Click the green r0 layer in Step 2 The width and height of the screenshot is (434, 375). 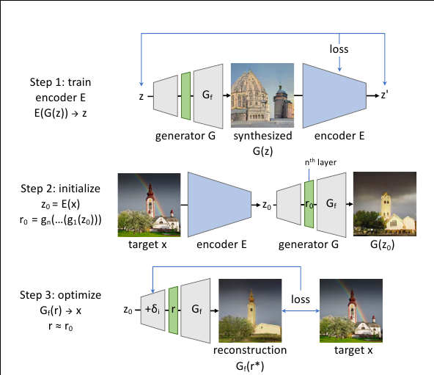[x=309, y=205]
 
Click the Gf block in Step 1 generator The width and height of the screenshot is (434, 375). [x=208, y=95]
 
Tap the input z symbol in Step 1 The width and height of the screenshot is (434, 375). [x=140, y=95]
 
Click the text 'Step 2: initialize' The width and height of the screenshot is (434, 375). [x=66, y=189]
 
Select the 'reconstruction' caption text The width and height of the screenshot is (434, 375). [x=250, y=350]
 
